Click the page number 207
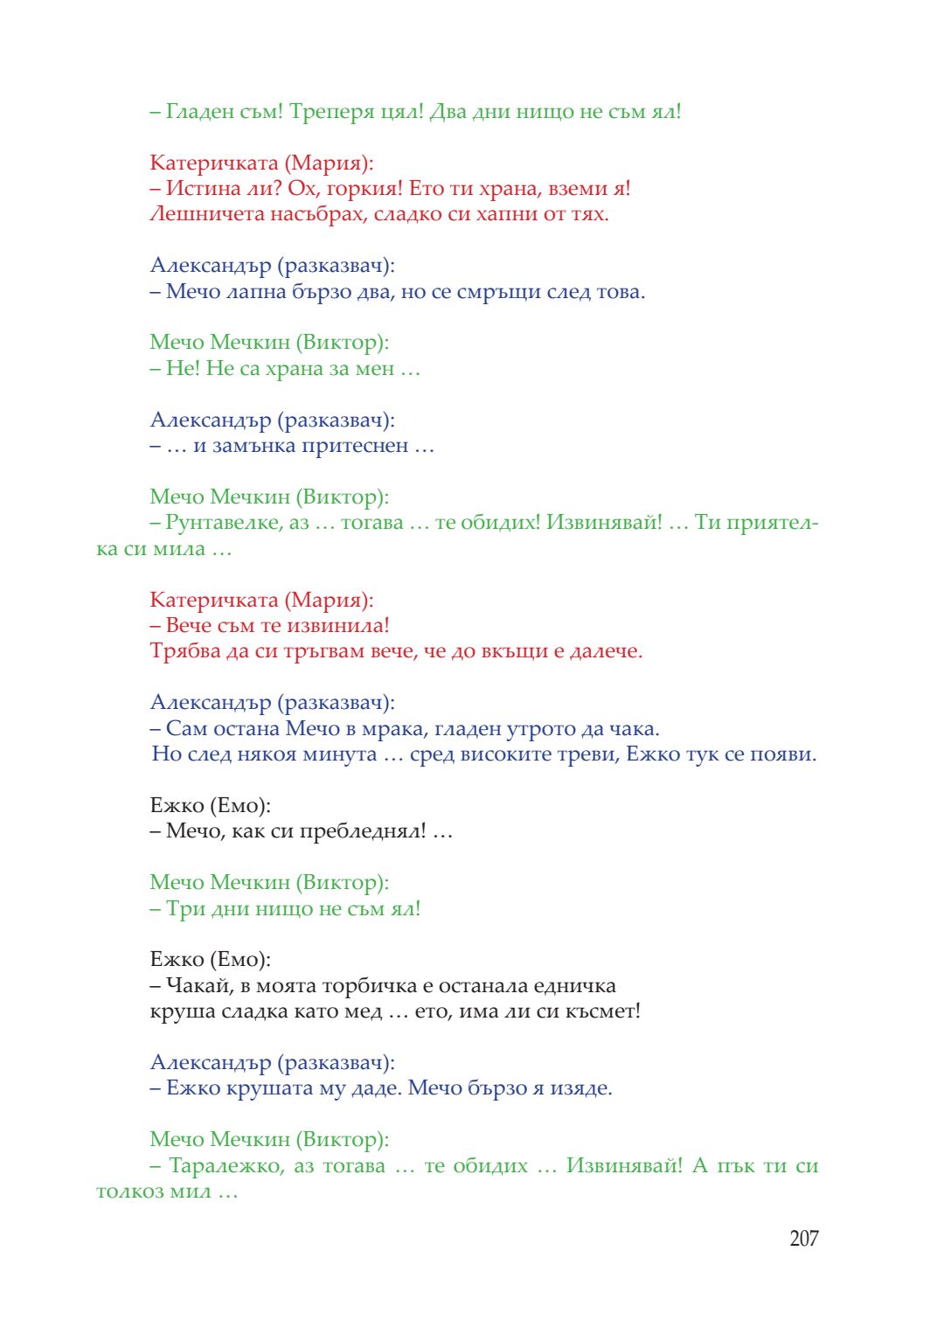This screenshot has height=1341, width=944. pyautogui.click(x=803, y=1238)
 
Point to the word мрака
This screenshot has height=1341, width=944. pyautogui.click(x=368, y=729)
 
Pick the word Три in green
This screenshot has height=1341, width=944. pyautogui.click(x=185, y=909)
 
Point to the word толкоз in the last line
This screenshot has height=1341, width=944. pyautogui.click(x=128, y=1192)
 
